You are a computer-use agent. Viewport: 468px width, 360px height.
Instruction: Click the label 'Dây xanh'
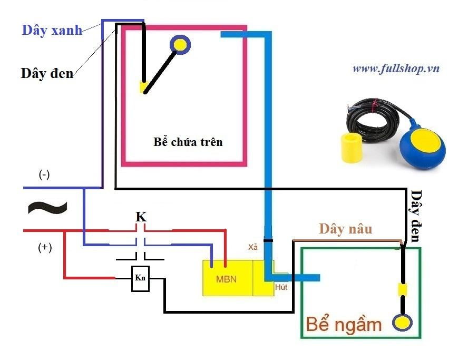(52, 30)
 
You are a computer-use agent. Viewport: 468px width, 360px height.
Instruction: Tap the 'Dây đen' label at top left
(47, 73)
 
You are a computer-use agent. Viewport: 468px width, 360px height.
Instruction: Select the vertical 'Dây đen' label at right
(415, 216)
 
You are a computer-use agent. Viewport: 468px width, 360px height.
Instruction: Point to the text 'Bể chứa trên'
(188, 142)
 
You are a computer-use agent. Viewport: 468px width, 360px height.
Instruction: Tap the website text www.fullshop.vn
(395, 69)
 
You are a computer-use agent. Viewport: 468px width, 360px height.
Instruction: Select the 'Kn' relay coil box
(140, 278)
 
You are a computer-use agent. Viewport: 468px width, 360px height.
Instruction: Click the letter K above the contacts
(141, 217)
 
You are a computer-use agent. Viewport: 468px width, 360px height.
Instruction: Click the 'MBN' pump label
(226, 279)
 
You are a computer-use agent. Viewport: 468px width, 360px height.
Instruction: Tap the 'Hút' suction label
(281, 287)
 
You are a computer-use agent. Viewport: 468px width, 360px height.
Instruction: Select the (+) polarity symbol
(44, 247)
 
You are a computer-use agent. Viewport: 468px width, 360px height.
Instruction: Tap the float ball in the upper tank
(180, 45)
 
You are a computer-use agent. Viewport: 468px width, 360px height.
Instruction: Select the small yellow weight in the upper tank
(143, 87)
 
